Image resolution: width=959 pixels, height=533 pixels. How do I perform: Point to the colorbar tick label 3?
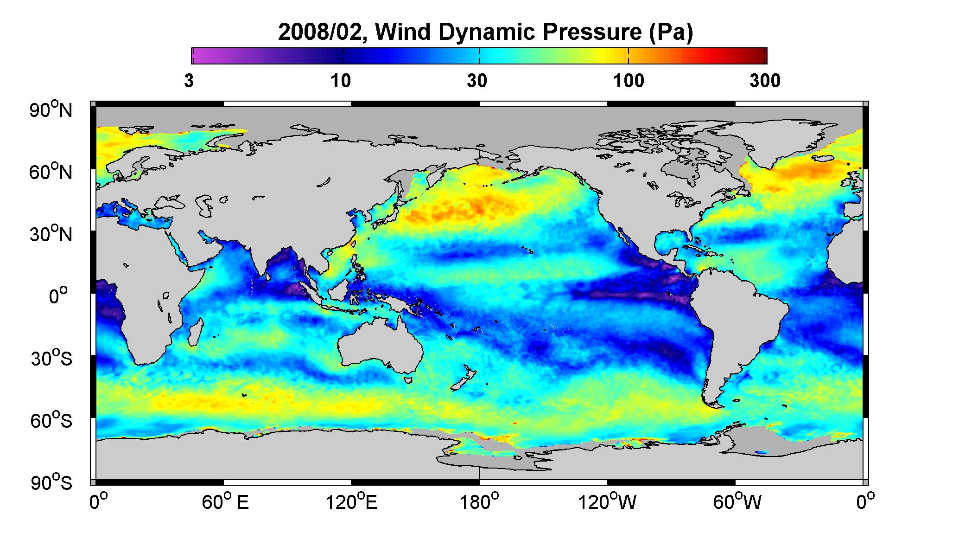pyautogui.click(x=189, y=81)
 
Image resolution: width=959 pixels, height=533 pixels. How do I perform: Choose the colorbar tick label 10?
pyautogui.click(x=341, y=81)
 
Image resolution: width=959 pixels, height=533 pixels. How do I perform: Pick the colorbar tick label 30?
pyautogui.click(x=477, y=81)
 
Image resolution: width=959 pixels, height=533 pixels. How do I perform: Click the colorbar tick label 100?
pyautogui.click(x=629, y=81)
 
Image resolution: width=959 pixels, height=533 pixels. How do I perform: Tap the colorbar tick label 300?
pyautogui.click(x=765, y=81)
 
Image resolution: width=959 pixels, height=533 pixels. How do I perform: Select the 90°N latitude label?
pyautogui.click(x=51, y=110)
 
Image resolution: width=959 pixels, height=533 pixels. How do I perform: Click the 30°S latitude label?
pyautogui.click(x=51, y=359)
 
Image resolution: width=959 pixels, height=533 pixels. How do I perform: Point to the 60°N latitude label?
pyautogui.click(x=51, y=173)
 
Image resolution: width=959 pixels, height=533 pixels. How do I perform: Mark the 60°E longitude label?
pyautogui.click(x=225, y=502)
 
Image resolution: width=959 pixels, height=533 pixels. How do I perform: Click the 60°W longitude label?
pyautogui.click(x=736, y=502)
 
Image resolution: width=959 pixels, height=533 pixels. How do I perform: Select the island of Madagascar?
pyautogui.click(x=196, y=331)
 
